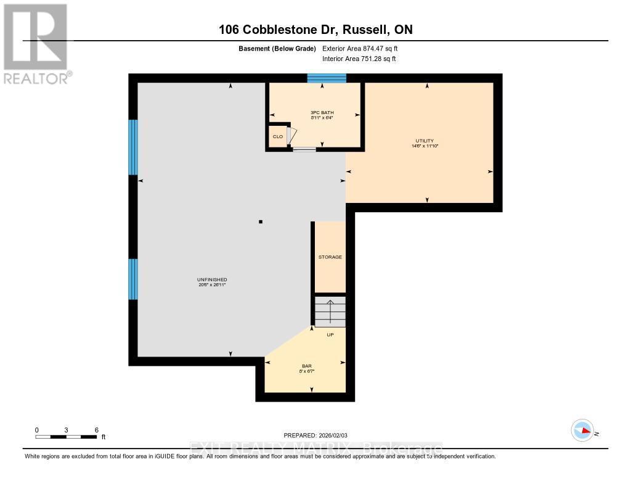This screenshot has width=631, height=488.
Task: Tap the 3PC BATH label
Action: point(322,112)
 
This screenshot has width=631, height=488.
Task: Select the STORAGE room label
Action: point(330,257)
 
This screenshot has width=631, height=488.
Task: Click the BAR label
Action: point(306,366)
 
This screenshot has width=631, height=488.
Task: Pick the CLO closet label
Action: point(278,136)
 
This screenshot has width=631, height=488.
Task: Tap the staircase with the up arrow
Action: point(330,312)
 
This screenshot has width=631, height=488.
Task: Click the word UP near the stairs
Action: point(330,334)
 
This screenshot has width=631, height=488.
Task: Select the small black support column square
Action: point(261,221)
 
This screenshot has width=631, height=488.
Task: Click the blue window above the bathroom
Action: point(327,78)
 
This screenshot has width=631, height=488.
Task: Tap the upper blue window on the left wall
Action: point(132,147)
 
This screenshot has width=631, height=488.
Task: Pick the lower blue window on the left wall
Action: point(132,279)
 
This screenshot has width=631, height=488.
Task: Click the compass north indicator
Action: point(582,430)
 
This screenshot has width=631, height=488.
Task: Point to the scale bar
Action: point(66,437)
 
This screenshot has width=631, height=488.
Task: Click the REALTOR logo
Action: point(36,44)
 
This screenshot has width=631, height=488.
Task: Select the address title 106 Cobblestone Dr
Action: point(315,30)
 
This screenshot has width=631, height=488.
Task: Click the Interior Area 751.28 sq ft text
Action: point(359,59)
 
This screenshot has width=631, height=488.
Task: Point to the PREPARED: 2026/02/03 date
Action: point(315,435)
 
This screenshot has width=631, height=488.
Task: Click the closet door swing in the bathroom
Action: point(292,136)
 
